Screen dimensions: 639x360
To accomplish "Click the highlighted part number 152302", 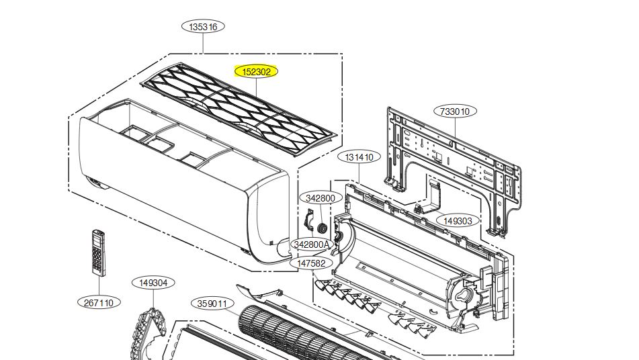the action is [x=256, y=72].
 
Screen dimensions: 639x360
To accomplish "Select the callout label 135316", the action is [x=203, y=27].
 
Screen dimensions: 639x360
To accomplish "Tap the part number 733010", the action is [x=455, y=111].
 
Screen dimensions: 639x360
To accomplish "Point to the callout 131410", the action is [x=359, y=156].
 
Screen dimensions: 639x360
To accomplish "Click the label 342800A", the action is [x=312, y=244].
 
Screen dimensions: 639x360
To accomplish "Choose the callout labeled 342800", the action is [x=321, y=198].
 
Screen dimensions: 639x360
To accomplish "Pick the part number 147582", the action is [x=311, y=263].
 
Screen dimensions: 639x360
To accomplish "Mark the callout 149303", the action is [x=458, y=221].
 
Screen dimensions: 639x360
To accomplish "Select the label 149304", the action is [x=153, y=283].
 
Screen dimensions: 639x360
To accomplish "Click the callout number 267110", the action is [x=99, y=303].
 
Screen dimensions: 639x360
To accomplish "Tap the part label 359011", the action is [x=212, y=304].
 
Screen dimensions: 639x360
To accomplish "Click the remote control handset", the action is [x=98, y=253].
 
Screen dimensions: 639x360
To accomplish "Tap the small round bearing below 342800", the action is [x=322, y=228].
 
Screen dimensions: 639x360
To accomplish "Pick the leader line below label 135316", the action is [x=203, y=44].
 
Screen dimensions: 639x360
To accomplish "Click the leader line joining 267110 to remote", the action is [x=99, y=286].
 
